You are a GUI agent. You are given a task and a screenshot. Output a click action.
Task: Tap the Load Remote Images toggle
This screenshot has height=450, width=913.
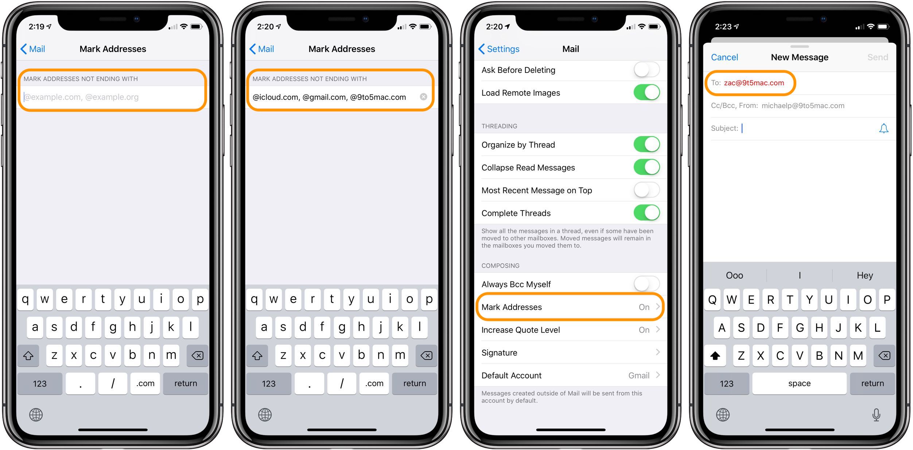click(646, 93)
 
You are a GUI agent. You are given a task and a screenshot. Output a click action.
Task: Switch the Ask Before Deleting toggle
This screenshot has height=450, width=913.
click(646, 70)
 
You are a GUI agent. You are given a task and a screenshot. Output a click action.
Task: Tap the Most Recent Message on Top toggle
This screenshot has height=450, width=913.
click(646, 190)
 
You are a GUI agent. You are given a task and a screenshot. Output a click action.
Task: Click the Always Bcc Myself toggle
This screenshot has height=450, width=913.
click(646, 284)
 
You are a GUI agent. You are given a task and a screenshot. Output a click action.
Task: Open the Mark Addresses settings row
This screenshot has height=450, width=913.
click(570, 307)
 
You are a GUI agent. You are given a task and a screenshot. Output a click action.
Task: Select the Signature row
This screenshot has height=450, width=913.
click(570, 353)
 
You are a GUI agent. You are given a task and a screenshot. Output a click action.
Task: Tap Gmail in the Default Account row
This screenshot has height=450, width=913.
click(639, 376)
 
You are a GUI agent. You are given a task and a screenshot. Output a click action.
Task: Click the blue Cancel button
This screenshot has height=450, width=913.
click(724, 57)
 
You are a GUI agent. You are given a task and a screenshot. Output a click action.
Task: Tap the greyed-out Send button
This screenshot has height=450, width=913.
click(877, 57)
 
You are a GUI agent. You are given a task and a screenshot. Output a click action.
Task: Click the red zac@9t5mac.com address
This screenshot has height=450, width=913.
click(754, 83)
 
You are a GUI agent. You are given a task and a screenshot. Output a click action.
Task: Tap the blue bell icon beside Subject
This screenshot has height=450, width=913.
click(883, 128)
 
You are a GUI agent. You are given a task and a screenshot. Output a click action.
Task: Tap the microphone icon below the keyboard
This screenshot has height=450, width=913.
click(876, 415)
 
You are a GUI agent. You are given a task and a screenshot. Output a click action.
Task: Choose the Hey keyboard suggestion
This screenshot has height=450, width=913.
click(865, 275)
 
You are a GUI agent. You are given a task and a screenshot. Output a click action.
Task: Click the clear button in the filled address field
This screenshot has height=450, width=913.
click(423, 97)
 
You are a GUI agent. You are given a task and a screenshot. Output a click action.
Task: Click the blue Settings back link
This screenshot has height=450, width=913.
click(499, 49)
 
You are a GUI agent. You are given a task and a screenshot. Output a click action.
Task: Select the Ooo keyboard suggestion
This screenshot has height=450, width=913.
click(734, 275)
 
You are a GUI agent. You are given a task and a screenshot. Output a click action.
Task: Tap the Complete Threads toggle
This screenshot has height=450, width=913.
click(646, 213)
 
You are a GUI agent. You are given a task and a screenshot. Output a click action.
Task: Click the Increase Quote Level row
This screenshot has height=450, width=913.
click(570, 330)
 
